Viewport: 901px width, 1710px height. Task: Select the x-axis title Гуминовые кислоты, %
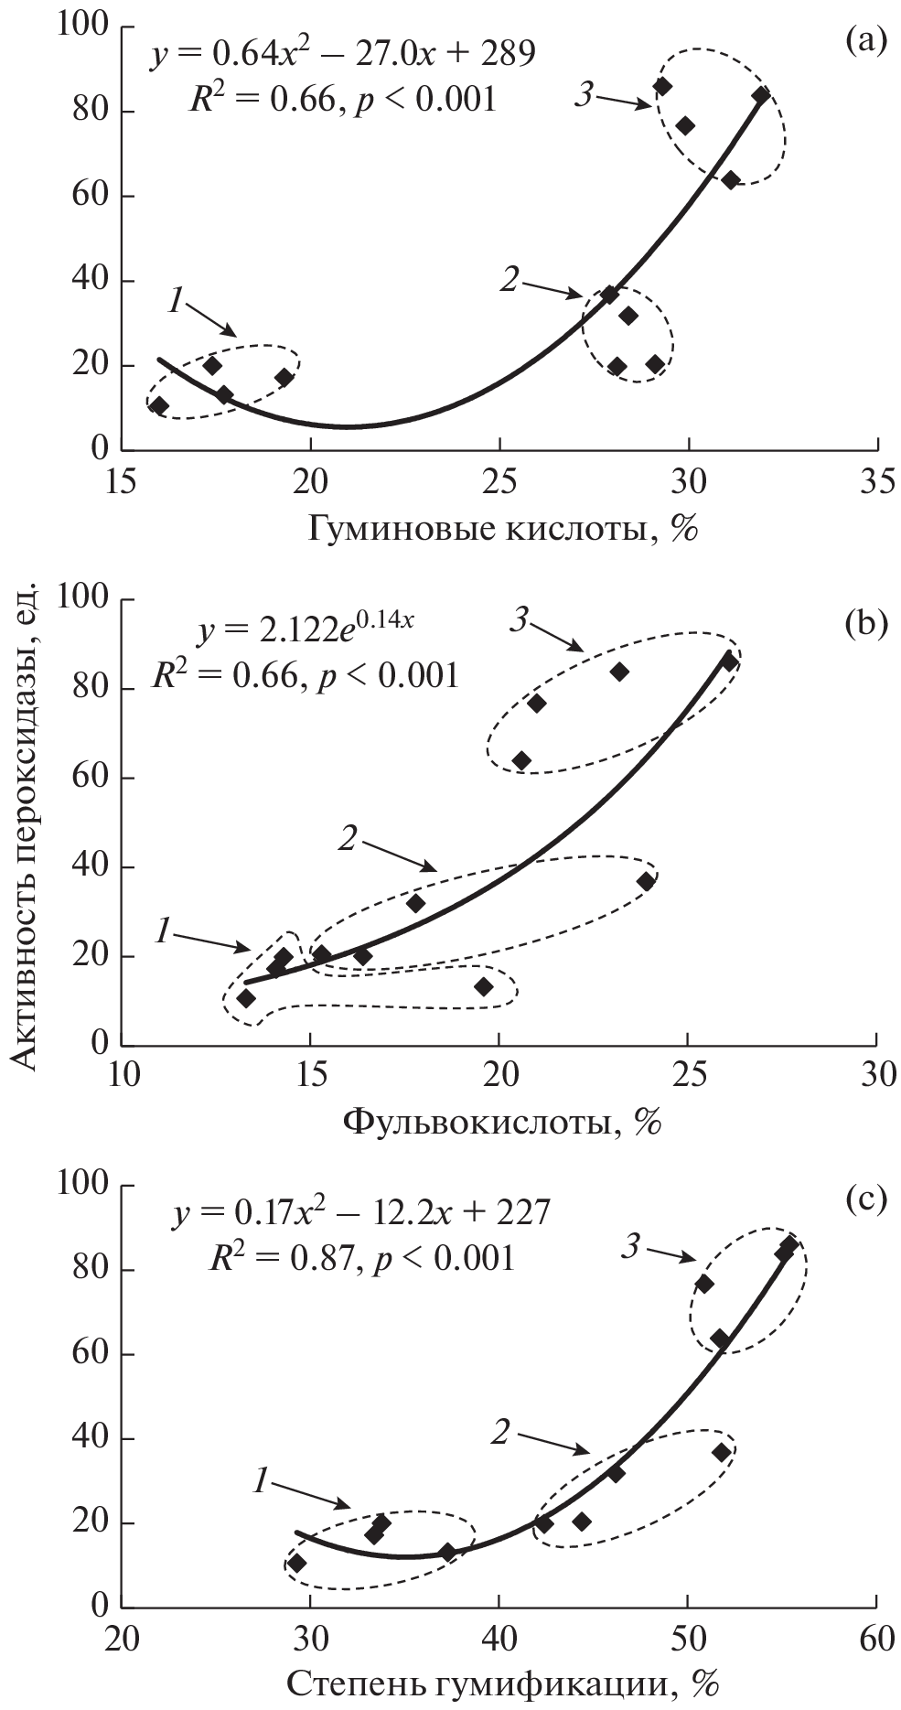(x=502, y=530)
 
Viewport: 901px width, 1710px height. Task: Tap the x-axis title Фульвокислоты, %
(x=502, y=1121)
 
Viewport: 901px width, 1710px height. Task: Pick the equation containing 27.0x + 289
(x=343, y=56)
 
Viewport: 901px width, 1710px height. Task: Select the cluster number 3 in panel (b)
(x=520, y=621)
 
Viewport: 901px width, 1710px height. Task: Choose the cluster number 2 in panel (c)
(x=499, y=1432)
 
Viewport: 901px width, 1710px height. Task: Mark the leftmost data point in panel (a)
(x=159, y=406)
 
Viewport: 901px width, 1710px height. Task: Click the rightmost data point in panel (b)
(x=729, y=661)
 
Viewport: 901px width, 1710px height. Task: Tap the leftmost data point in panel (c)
(x=296, y=1563)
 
